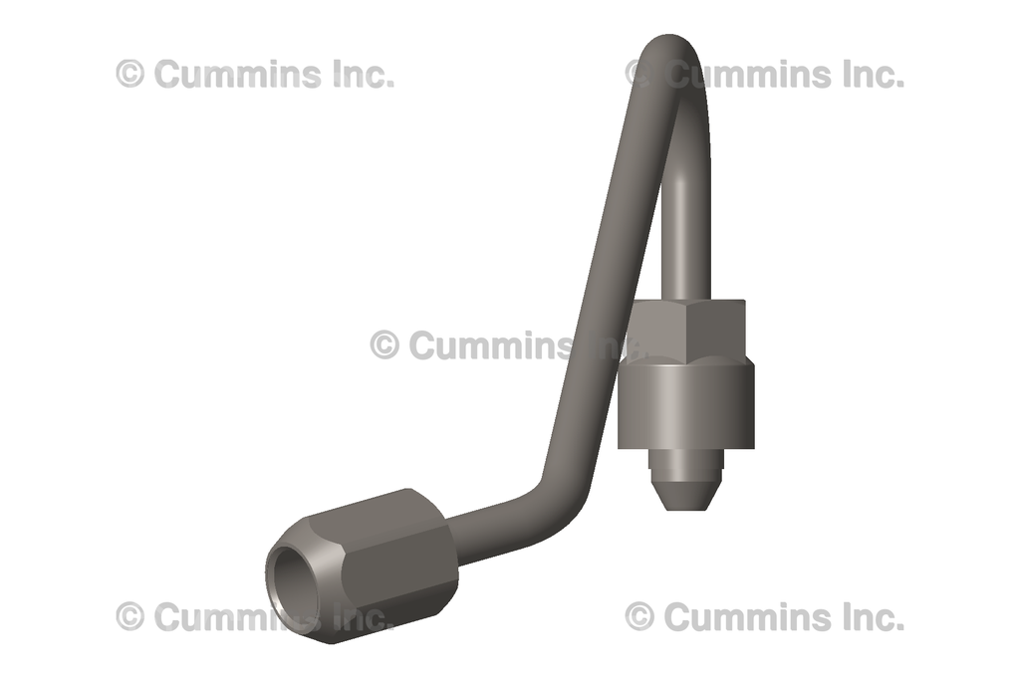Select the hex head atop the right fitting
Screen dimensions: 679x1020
(x=688, y=330)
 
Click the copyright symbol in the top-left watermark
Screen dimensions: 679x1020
(x=130, y=74)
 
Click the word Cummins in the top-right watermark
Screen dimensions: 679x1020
(x=747, y=74)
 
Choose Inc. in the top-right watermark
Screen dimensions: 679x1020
(x=872, y=74)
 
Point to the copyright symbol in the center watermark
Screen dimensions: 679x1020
(x=384, y=345)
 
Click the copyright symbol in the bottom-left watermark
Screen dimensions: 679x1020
(x=130, y=616)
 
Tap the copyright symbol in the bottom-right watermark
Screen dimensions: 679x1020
(x=639, y=616)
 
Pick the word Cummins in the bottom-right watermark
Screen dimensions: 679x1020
(x=747, y=616)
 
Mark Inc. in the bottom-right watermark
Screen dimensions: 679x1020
(x=872, y=616)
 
